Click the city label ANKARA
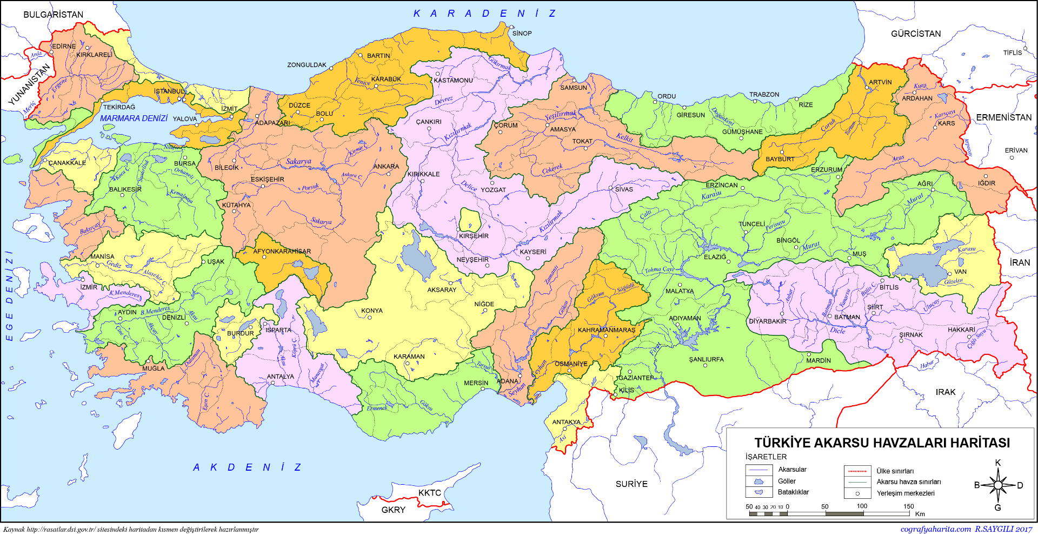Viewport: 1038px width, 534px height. click(x=386, y=167)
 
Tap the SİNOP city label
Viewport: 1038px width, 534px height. click(x=522, y=34)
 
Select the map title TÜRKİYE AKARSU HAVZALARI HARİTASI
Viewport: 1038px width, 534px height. click(x=882, y=443)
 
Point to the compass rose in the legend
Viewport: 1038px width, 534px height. click(x=998, y=485)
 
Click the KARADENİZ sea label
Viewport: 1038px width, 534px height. click(x=484, y=14)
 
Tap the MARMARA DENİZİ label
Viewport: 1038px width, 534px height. click(x=134, y=118)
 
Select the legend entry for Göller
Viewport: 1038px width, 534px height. click(x=787, y=481)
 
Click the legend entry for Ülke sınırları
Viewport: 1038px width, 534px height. click(x=895, y=471)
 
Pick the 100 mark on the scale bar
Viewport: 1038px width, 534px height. click(x=862, y=506)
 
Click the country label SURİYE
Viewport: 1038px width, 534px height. click(x=631, y=484)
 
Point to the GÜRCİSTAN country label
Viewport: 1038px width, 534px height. click(x=915, y=34)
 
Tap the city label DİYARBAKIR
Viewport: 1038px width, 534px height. click(x=767, y=321)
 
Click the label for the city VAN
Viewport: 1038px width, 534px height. click(x=960, y=272)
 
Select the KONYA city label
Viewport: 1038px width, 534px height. click(x=372, y=311)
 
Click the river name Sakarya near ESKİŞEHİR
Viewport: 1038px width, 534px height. click(x=298, y=161)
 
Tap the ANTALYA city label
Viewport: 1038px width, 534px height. click(x=280, y=377)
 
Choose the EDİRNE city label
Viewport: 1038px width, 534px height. click(x=64, y=47)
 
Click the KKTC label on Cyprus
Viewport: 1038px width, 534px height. click(x=429, y=493)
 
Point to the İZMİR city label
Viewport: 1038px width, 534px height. click(x=89, y=287)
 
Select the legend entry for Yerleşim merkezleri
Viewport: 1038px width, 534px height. click(x=905, y=493)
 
